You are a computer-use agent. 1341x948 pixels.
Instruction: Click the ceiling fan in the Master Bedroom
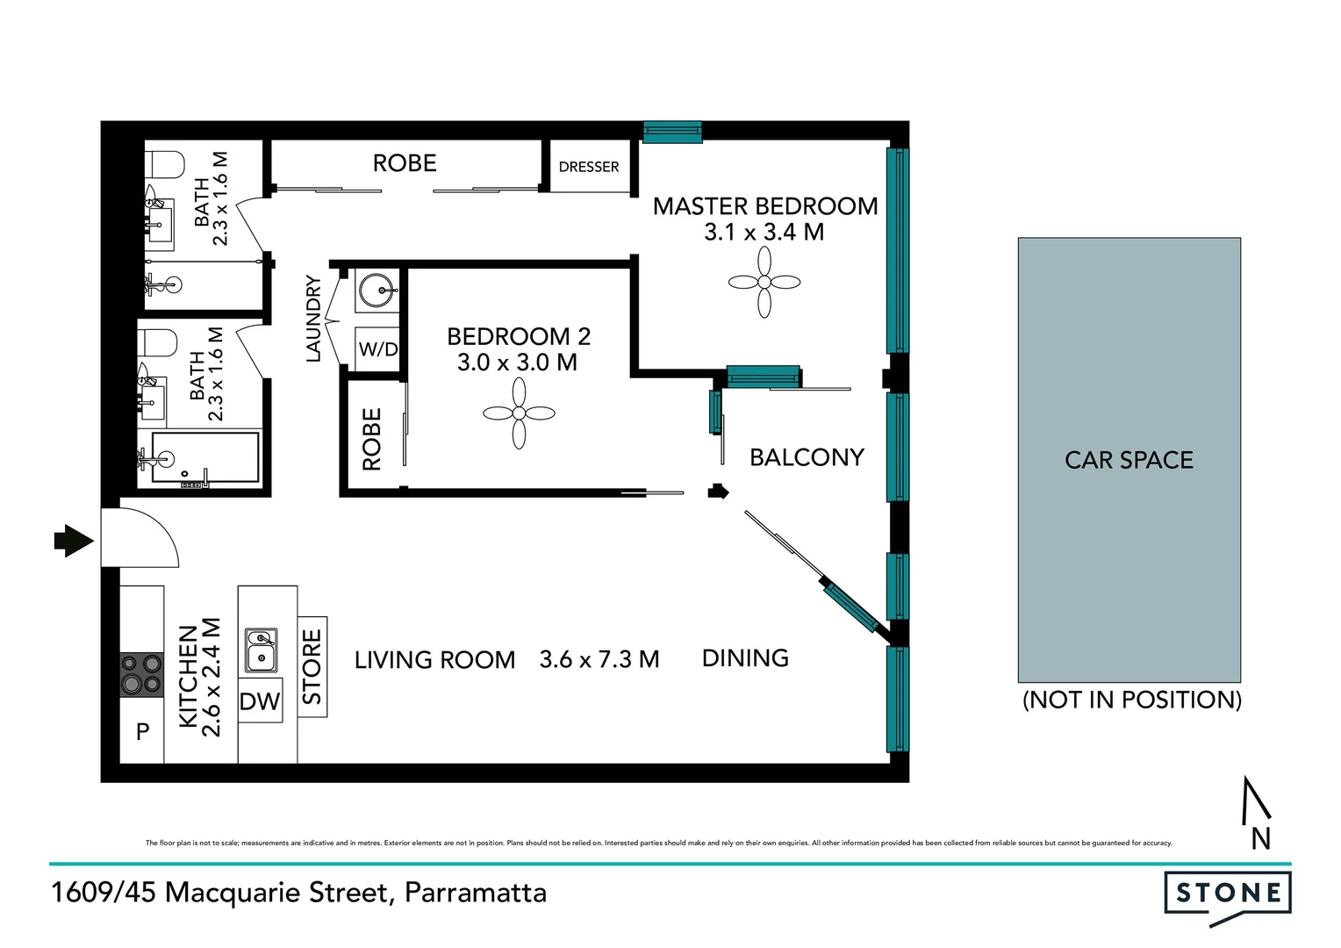pyautogui.click(x=764, y=282)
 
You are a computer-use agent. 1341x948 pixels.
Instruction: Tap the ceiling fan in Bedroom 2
pyautogui.click(x=519, y=413)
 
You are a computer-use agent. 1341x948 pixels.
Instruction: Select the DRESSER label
pyautogui.click(x=589, y=167)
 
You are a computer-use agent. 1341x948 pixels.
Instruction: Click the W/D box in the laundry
pyautogui.click(x=378, y=349)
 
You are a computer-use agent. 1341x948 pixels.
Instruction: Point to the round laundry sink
pyautogui.click(x=378, y=290)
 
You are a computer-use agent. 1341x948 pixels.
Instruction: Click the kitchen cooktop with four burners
pyautogui.click(x=142, y=674)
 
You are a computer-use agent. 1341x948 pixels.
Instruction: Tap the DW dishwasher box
pyautogui.click(x=260, y=701)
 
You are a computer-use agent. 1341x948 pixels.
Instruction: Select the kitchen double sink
pyautogui.click(x=261, y=650)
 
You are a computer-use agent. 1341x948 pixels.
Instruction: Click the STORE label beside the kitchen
pyautogui.click(x=312, y=666)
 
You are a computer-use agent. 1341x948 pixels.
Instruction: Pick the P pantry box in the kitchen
pyautogui.click(x=142, y=730)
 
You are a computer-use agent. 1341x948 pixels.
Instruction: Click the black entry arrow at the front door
pyautogui.click(x=74, y=541)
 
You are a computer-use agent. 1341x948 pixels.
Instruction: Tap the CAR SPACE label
pyautogui.click(x=1129, y=460)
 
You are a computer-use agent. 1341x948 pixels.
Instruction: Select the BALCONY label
pyautogui.click(x=807, y=457)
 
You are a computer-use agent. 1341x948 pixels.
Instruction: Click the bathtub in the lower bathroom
pyautogui.click(x=205, y=457)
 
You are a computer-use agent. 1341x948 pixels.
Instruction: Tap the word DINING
pyautogui.click(x=745, y=658)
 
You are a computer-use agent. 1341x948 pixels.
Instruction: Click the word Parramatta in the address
pyautogui.click(x=476, y=893)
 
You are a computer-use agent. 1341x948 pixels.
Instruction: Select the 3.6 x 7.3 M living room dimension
pyautogui.click(x=599, y=659)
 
